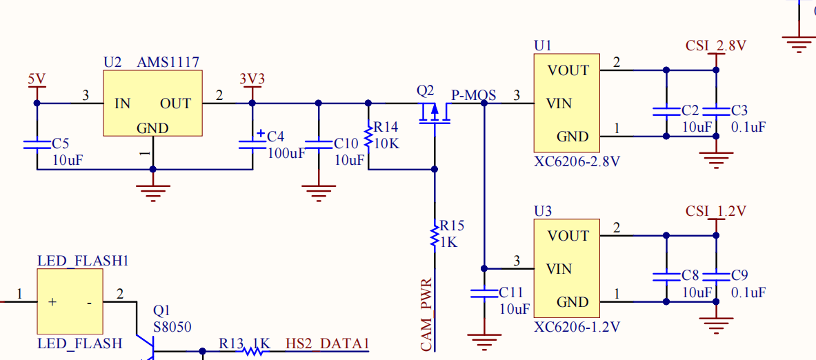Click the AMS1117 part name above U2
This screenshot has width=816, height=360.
click(x=168, y=63)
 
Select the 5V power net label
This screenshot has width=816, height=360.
click(x=37, y=79)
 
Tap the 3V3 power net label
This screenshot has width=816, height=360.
click(x=252, y=79)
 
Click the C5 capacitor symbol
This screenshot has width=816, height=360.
click(x=37, y=144)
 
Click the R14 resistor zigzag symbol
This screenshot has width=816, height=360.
click(x=368, y=136)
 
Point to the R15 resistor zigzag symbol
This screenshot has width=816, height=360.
click(x=435, y=235)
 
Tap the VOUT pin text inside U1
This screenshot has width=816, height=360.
click(x=568, y=70)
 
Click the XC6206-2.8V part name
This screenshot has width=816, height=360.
click(x=577, y=162)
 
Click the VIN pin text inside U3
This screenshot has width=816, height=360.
click(x=559, y=269)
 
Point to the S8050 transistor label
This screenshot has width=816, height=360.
click(x=172, y=327)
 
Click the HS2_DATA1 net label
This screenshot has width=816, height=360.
click(x=328, y=344)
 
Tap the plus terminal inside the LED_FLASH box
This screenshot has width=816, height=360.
click(x=52, y=302)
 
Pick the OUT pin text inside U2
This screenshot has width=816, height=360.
click(x=175, y=103)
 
